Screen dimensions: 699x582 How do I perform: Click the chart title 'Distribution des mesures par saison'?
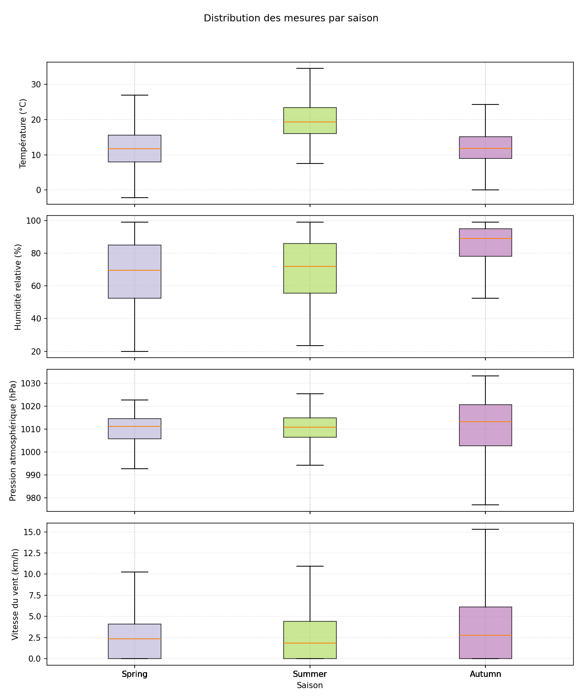click(x=291, y=18)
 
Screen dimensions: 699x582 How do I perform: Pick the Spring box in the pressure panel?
click(x=135, y=433)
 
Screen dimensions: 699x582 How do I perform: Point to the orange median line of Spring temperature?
click(x=135, y=149)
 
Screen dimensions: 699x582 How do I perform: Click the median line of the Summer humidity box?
click(x=310, y=266)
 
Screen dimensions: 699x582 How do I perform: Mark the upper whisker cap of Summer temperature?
click(x=310, y=68)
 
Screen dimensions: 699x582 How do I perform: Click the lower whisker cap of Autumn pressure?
click(x=485, y=505)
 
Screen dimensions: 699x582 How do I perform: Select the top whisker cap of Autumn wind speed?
click(x=485, y=529)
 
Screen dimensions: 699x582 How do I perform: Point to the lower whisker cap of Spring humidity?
click(x=135, y=351)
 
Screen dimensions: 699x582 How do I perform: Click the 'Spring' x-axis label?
click(x=135, y=674)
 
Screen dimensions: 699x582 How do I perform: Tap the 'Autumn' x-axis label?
click(x=485, y=674)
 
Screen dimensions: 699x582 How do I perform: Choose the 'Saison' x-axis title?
click(x=310, y=685)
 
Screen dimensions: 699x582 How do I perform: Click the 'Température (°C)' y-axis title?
click(x=23, y=133)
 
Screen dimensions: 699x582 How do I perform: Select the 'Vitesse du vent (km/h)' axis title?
click(x=15, y=594)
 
